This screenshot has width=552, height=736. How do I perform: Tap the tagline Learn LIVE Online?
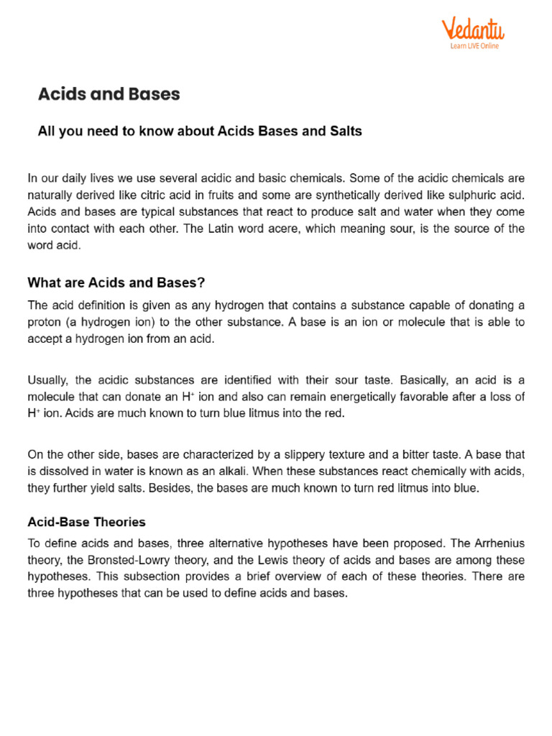474,46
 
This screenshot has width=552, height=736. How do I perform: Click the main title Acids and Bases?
109,94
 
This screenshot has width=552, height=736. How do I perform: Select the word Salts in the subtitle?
346,132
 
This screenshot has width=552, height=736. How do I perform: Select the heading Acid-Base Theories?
86,521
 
